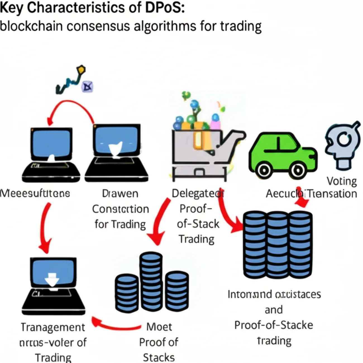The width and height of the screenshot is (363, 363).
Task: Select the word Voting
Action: coord(342,181)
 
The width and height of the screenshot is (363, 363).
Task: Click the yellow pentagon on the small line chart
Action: coord(81,69)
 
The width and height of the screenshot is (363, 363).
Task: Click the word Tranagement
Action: coord(53,327)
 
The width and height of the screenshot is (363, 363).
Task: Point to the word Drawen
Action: coord(120,194)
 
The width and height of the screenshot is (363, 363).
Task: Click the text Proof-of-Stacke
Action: coord(274,325)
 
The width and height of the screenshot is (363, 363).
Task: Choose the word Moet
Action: coord(159,327)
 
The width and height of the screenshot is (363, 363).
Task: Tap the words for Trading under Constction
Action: coord(120,224)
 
